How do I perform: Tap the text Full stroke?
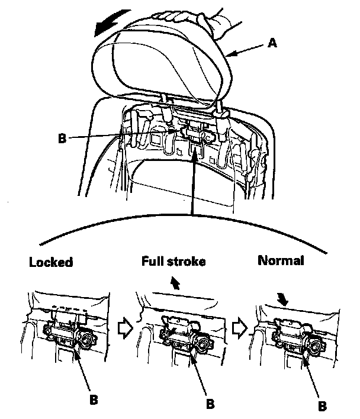pyautogui.click(x=173, y=261)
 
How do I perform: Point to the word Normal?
pyautogui.click(x=281, y=260)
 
